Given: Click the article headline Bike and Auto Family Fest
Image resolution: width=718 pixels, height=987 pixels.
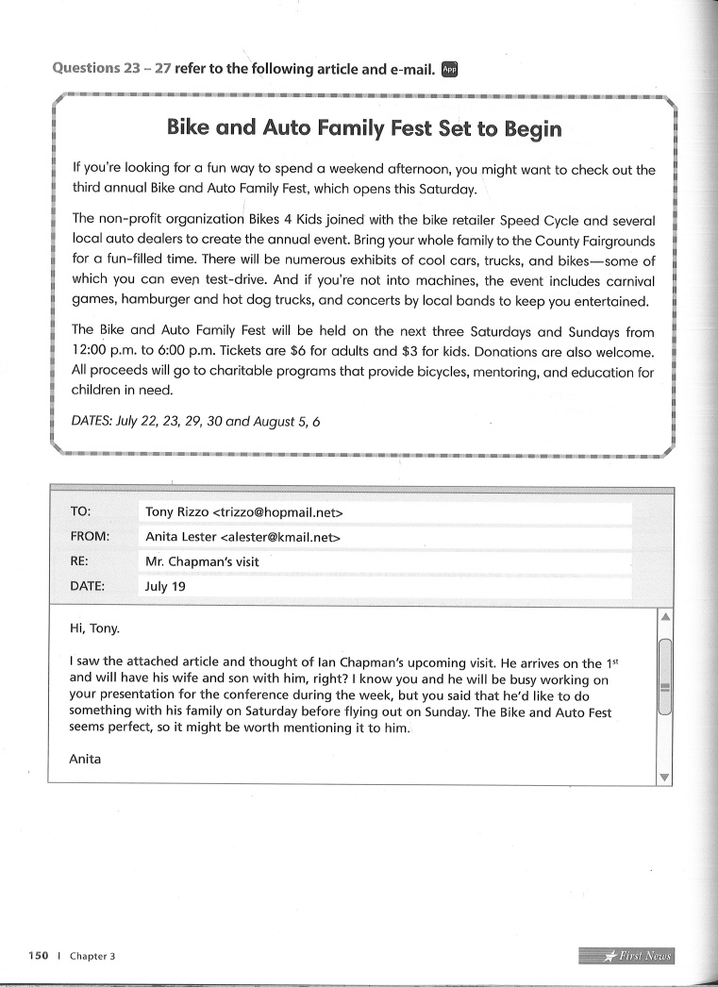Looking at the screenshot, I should click(x=363, y=127).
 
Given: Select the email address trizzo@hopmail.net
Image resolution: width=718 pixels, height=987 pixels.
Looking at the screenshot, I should click(x=278, y=512).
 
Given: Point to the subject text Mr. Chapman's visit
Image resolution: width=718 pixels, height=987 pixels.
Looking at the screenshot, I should click(x=202, y=561).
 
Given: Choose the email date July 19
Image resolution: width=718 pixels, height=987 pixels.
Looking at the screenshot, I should click(x=165, y=586).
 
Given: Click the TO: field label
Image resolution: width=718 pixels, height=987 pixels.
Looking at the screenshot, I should click(x=80, y=511).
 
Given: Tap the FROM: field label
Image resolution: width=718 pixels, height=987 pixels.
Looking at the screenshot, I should click(x=90, y=536).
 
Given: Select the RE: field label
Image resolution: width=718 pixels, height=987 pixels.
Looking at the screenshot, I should click(x=79, y=560).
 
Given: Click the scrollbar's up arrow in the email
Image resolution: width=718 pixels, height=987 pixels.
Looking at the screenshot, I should click(x=664, y=617).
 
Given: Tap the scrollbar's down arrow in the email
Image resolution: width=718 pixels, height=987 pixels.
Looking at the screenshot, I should click(x=664, y=777).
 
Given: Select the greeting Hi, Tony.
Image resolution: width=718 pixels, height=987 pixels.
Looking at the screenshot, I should click(x=94, y=627).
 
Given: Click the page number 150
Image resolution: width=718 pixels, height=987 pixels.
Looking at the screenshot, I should click(x=38, y=956).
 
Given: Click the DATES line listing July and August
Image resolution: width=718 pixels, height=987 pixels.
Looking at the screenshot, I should click(x=196, y=422).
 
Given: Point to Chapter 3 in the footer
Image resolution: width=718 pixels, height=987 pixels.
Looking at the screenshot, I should click(x=92, y=956).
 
